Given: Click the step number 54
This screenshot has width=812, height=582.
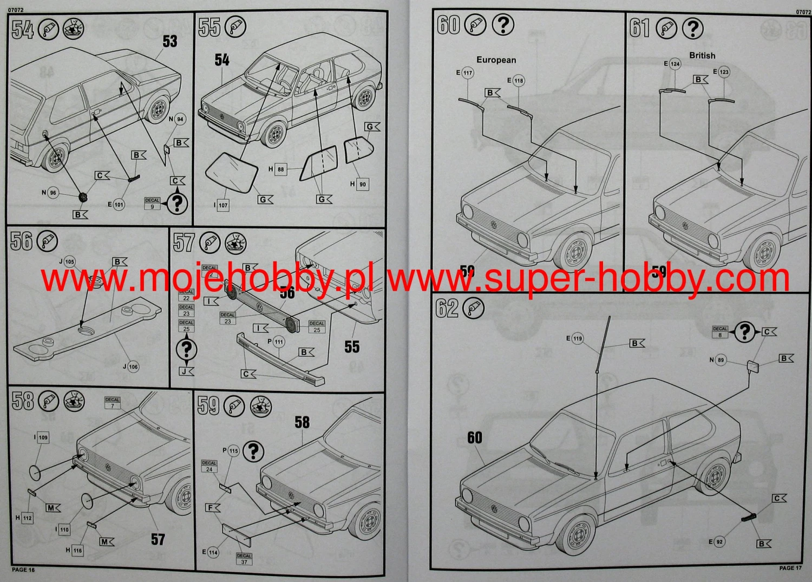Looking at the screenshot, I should [23, 29].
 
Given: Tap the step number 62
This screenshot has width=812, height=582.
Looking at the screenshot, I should [447, 308].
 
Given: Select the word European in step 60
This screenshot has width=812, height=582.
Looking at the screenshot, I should [496, 60].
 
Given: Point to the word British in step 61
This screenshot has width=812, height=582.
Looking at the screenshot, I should [702, 55].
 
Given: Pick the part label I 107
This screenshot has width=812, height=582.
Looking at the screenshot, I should [221, 205].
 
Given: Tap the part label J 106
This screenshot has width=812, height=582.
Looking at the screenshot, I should [130, 367].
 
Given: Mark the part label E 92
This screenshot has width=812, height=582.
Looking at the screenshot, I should [716, 541].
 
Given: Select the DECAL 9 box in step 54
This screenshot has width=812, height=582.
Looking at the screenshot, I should [152, 203].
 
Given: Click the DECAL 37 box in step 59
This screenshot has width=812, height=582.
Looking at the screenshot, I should [244, 559].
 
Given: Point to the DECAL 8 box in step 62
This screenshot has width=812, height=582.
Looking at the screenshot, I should [720, 332].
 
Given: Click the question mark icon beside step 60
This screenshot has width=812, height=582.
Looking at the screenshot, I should [503, 25].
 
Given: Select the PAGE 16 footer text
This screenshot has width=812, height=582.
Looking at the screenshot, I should [23, 570].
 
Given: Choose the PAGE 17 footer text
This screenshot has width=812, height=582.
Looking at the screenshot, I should [790, 568].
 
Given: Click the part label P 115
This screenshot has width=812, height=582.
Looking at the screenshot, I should [231, 450].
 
